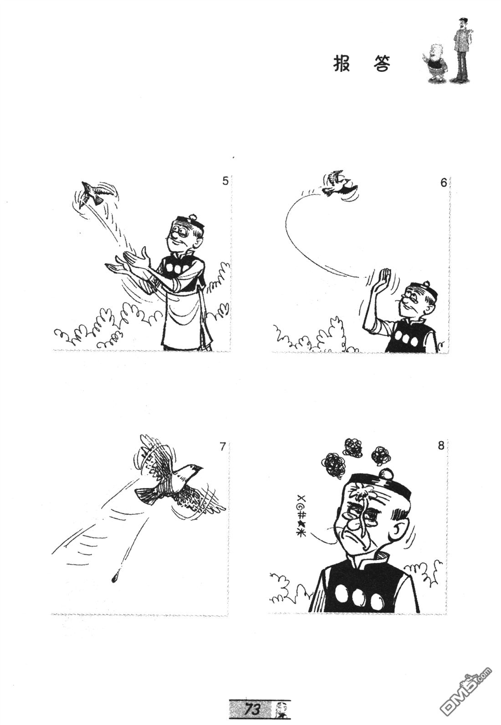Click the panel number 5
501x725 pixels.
(x=225, y=181)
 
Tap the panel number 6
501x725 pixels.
(x=443, y=183)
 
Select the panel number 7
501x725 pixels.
(x=222, y=447)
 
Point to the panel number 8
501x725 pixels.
(x=441, y=446)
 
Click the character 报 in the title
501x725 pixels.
(x=342, y=64)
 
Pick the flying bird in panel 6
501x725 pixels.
(x=336, y=184)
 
